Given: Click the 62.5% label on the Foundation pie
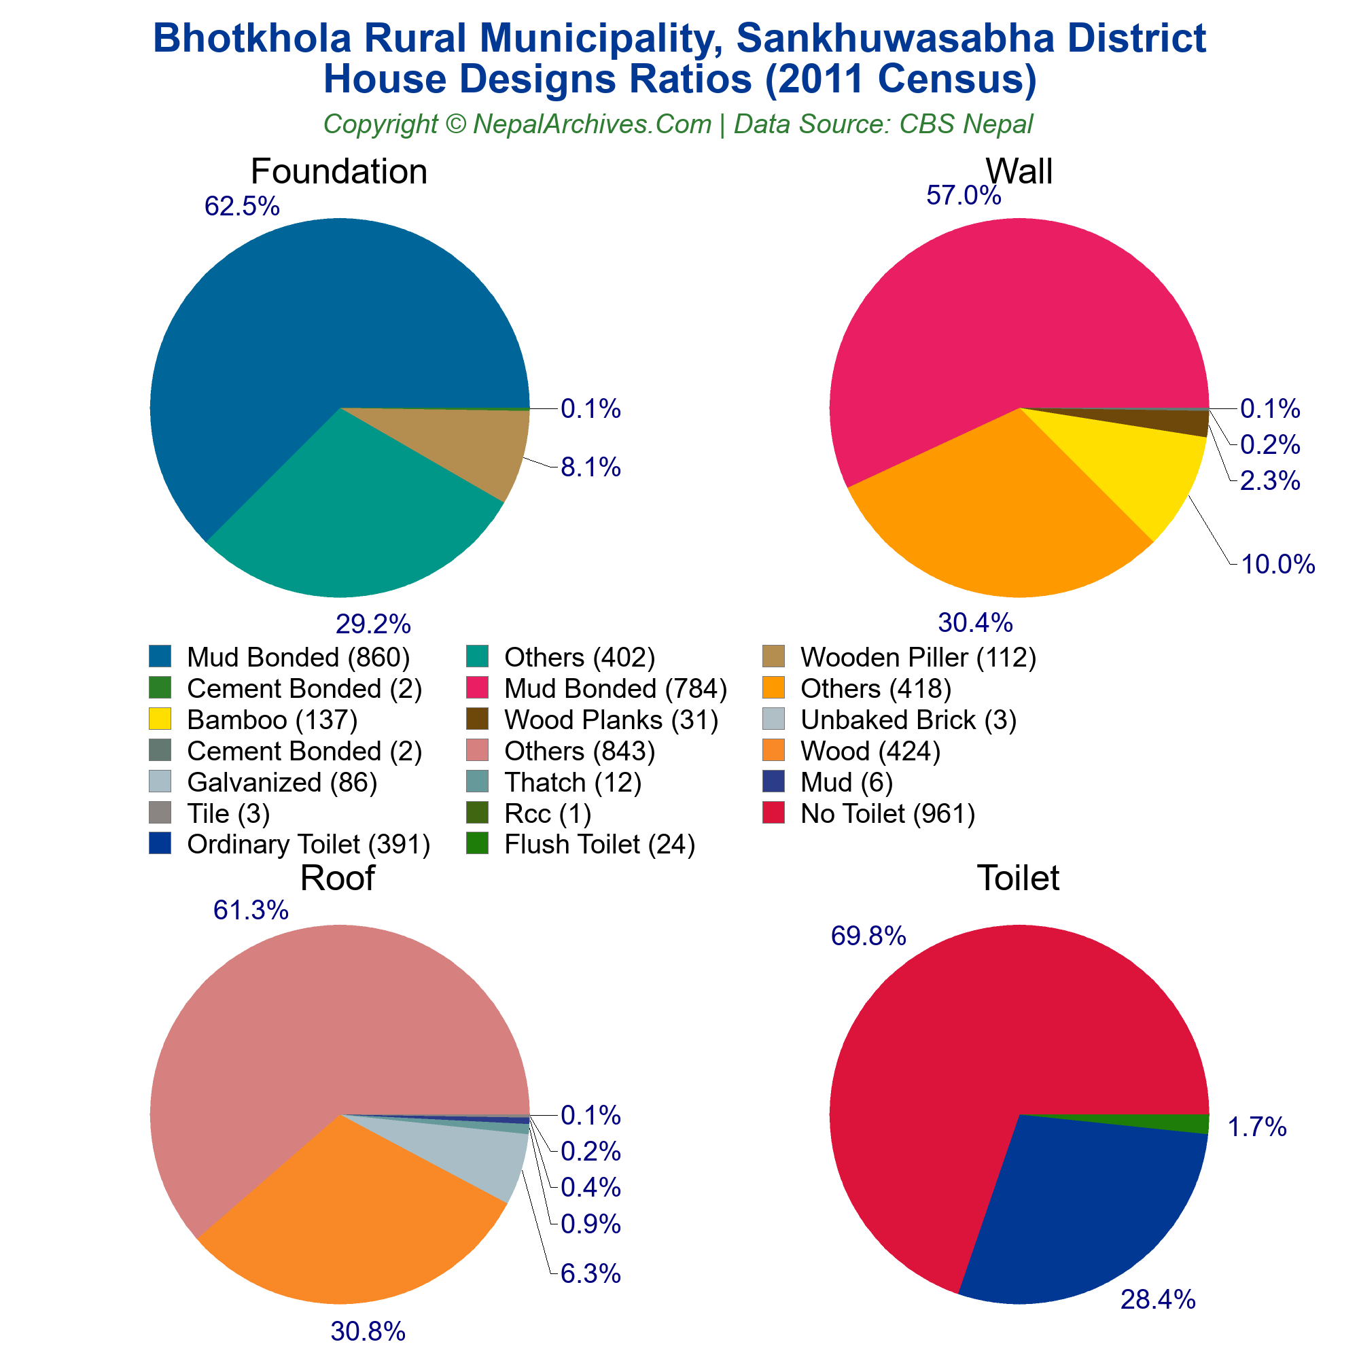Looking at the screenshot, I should click(x=242, y=206).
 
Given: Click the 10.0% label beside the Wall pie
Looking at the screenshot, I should click(x=1277, y=564).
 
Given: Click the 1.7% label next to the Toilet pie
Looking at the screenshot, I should click(x=1257, y=1127).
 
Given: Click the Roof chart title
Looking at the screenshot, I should click(x=338, y=878).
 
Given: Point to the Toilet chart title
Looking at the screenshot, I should click(x=1018, y=878).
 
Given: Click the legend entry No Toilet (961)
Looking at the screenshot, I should click(x=887, y=813).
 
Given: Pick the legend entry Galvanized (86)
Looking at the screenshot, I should click(x=282, y=782).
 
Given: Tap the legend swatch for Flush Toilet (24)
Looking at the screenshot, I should click(x=476, y=843).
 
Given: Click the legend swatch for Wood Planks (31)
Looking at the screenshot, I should click(x=476, y=719).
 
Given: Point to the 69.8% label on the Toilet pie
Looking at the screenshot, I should click(x=868, y=936).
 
